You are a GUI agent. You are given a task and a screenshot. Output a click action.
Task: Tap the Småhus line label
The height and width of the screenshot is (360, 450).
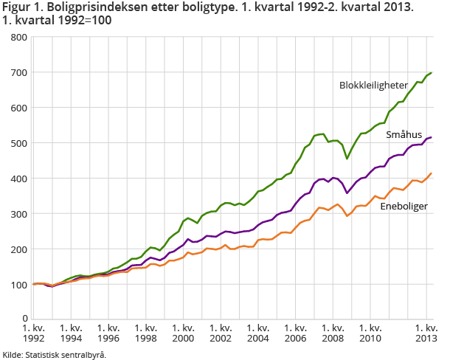404,135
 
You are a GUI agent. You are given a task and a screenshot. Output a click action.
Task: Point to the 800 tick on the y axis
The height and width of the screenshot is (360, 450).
19,37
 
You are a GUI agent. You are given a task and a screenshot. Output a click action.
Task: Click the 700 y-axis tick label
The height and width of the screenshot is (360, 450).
19,72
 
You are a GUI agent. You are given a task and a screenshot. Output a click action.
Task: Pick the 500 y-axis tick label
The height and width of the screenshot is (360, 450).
19,143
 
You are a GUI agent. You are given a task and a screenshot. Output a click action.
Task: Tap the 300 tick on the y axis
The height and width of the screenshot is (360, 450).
19,214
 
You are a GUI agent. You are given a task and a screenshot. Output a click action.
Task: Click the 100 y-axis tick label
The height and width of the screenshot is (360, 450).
19,285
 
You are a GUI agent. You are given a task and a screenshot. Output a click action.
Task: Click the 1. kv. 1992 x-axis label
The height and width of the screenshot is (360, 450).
33,333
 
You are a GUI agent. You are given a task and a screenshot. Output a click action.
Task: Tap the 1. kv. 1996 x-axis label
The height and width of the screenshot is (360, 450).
108,333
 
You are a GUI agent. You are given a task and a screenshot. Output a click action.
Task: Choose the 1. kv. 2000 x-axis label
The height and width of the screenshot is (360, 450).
184,333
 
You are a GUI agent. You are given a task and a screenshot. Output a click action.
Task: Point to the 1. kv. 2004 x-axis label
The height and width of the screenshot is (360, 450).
258,333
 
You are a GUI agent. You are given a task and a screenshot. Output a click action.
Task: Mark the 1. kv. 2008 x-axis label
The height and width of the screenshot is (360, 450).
333,333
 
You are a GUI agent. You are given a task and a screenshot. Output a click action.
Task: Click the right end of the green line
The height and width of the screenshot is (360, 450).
432,73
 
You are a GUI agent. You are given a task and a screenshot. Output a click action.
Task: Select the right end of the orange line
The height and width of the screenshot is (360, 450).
432,173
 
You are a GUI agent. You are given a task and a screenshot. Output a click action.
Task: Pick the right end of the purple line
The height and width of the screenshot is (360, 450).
432,137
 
